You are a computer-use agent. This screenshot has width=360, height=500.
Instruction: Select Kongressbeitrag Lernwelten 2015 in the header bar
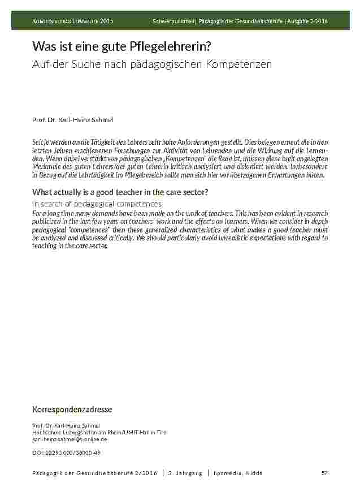(72, 21)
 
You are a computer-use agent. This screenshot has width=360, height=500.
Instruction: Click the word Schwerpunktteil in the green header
(173, 21)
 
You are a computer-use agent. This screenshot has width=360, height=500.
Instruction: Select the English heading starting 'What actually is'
(120, 192)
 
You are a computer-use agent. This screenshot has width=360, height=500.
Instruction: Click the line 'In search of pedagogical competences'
(97, 203)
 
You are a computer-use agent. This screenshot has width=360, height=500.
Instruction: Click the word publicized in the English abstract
(49, 222)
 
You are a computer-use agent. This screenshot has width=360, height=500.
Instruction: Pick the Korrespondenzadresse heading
(72, 409)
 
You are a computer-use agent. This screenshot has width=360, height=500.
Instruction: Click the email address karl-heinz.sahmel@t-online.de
(70, 439)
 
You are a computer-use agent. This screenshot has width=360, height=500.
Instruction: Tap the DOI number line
(66, 452)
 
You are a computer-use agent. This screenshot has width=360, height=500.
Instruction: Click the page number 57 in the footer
(324, 473)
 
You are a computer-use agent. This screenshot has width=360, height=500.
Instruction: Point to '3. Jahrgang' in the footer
(185, 473)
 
